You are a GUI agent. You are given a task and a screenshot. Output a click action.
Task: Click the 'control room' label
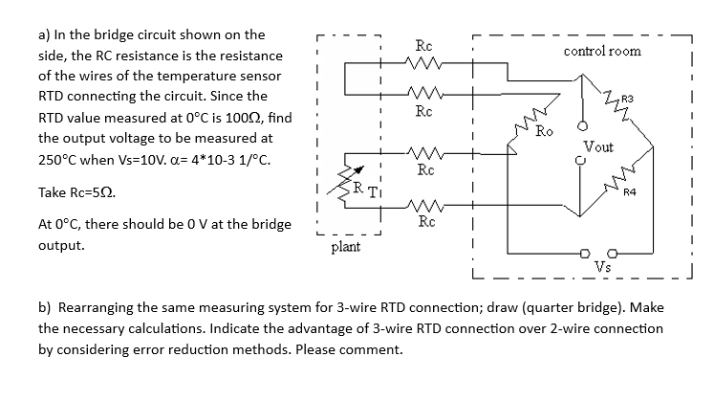(602, 50)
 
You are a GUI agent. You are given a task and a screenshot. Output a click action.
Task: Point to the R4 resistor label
(628, 194)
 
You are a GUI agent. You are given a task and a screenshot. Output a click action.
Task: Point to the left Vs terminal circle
(586, 253)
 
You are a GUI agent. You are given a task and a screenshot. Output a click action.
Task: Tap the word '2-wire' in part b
(576, 328)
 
